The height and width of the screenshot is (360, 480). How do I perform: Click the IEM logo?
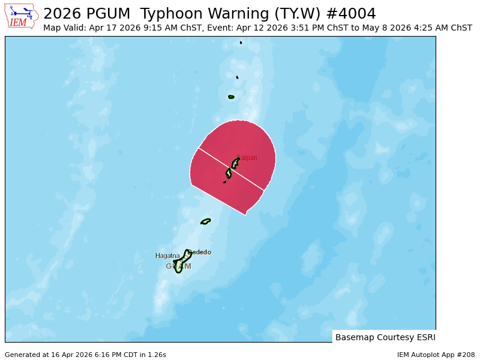tap(22, 16)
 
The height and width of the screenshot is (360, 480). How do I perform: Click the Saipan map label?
tap(247, 158)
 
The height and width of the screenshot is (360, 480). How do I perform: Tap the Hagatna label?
tap(167, 256)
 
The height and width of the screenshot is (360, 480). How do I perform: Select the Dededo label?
tap(199, 252)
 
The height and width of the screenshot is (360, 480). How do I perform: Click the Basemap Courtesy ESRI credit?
tap(385, 337)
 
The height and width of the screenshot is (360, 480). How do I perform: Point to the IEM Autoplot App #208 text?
tap(436, 355)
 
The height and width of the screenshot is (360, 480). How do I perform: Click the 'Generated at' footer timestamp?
tap(85, 355)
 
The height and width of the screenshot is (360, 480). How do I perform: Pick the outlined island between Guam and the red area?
tap(206, 221)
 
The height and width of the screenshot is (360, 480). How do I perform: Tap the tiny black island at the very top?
tap(241, 43)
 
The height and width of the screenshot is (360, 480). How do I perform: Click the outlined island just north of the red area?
tap(231, 97)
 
